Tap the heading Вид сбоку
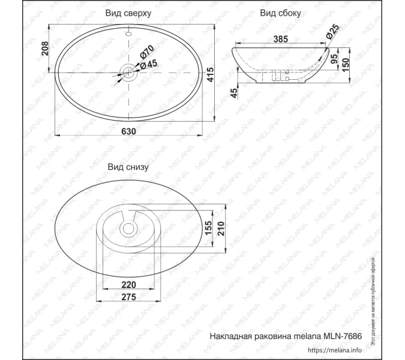pyautogui.click(x=280, y=13)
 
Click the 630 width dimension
pyautogui.click(x=128, y=131)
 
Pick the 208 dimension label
pyautogui.click(x=44, y=48)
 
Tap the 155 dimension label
pyautogui.click(x=208, y=227)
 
